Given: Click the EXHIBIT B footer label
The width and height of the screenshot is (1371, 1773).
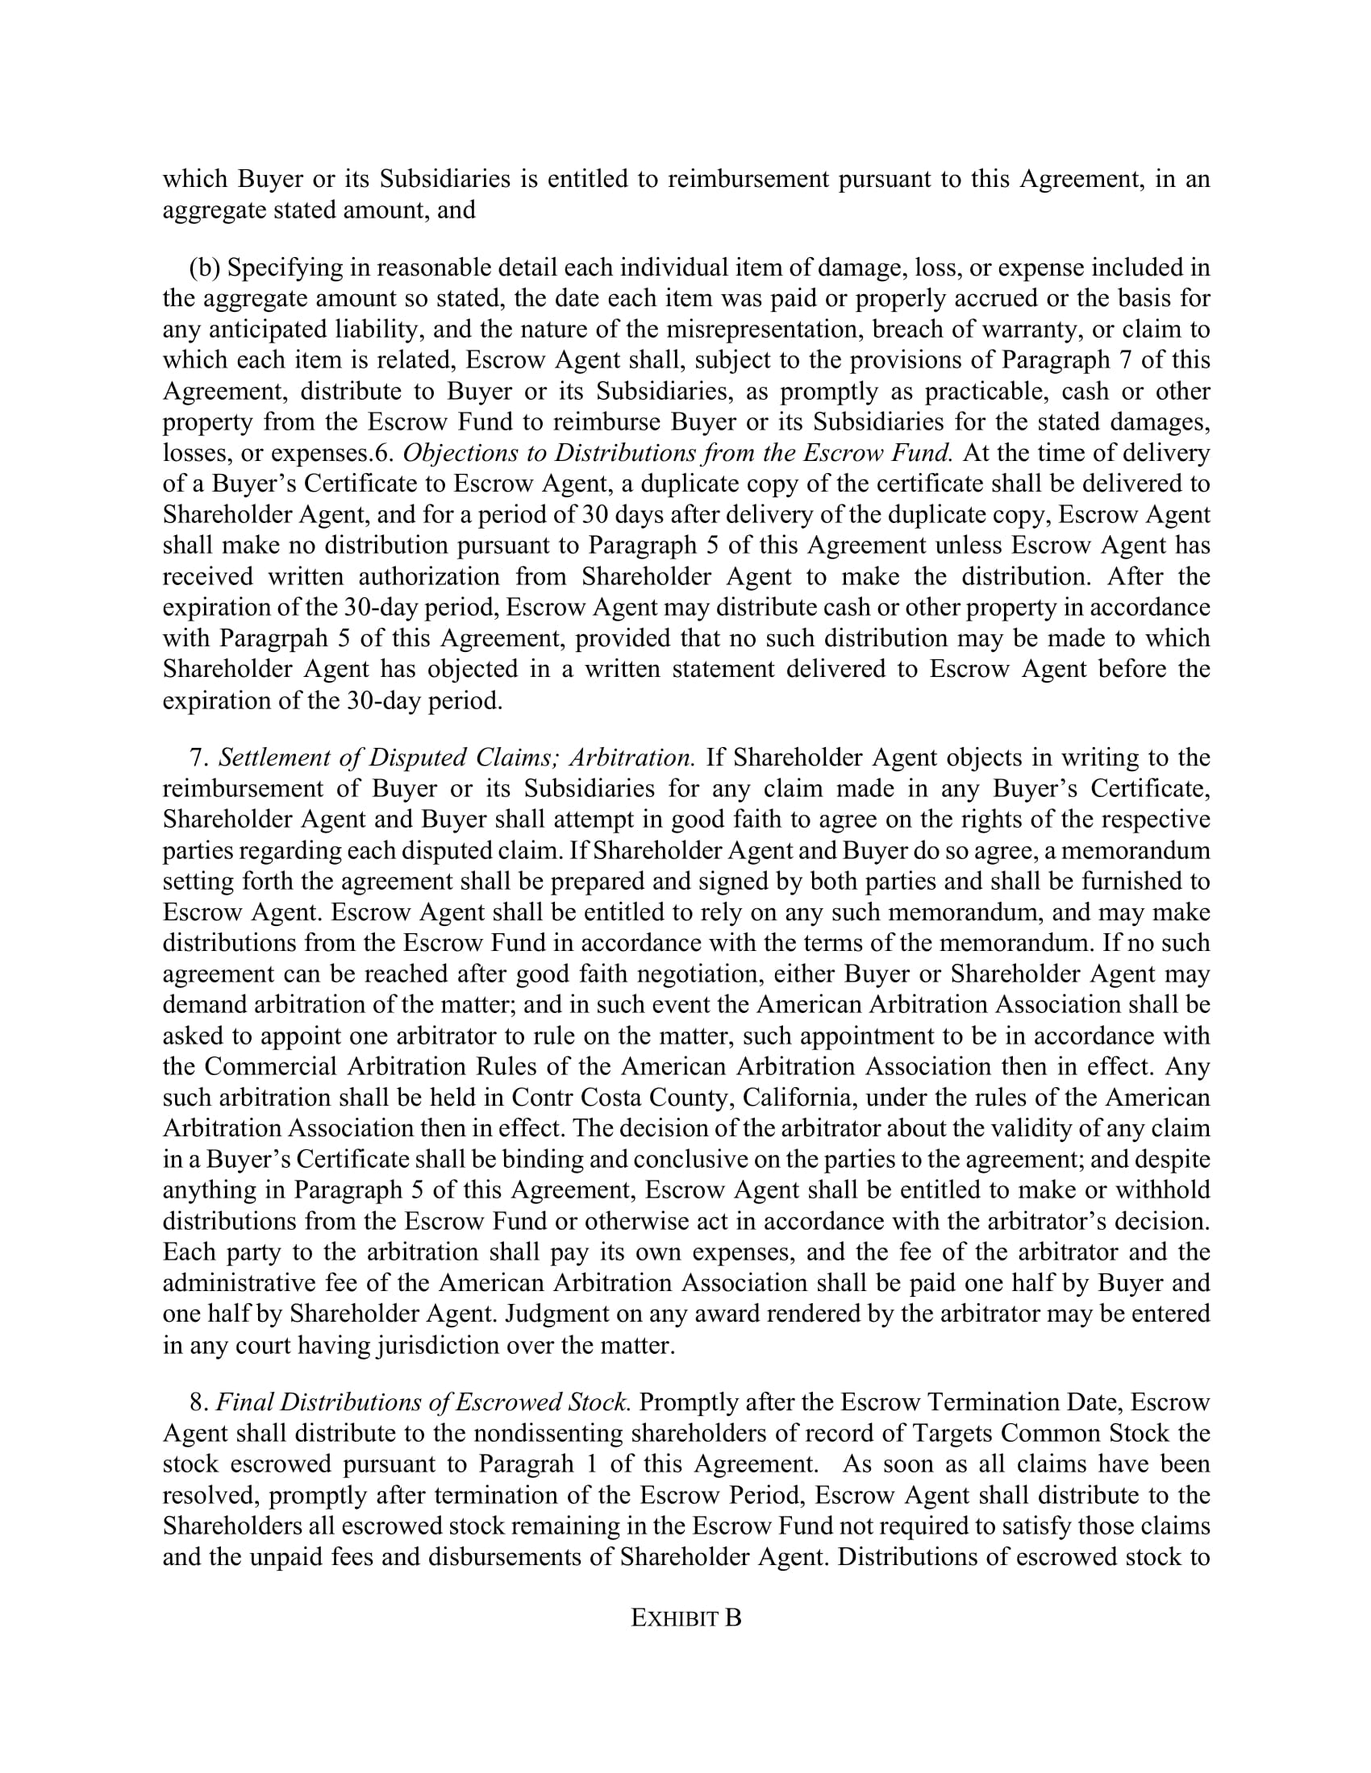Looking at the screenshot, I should click(x=685, y=1619).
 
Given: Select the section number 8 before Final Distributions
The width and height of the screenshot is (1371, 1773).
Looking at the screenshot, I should click(x=196, y=1402).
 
